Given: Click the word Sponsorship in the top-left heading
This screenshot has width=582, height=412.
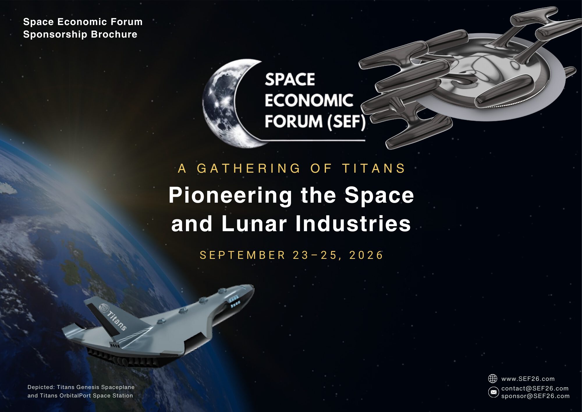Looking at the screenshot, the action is [55, 35].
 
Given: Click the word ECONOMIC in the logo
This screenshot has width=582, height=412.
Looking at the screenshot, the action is [309, 100].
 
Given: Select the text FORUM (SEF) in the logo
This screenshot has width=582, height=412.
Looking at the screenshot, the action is [315, 122].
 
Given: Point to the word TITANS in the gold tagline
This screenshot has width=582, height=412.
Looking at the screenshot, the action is [374, 168].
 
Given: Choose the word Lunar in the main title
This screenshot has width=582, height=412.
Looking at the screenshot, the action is [254, 224].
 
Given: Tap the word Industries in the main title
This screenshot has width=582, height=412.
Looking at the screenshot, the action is [353, 224].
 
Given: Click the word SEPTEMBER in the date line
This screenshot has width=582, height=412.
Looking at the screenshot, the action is [242, 255].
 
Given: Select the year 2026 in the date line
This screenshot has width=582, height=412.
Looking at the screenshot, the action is [366, 255].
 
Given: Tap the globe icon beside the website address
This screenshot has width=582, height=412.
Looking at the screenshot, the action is [492, 379].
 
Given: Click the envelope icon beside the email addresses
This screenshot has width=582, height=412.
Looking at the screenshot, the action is [494, 392].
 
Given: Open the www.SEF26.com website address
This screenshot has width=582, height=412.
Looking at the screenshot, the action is [528, 379].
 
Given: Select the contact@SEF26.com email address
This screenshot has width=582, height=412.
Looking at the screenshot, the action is [535, 388].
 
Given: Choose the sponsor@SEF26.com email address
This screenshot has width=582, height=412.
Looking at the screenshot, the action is [535, 396].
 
